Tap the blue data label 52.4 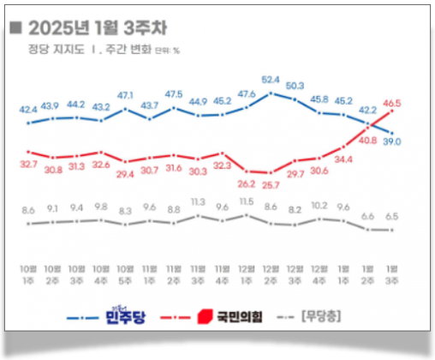click(x=271, y=79)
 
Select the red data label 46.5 click(x=393, y=103)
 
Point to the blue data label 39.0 click(x=393, y=141)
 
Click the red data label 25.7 click(x=271, y=184)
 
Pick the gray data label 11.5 click(x=247, y=201)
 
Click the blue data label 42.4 click(x=28, y=110)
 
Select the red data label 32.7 click(x=28, y=163)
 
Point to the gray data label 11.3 click(x=198, y=201)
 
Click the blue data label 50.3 click(x=295, y=86)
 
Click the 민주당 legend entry click(x=122, y=317)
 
